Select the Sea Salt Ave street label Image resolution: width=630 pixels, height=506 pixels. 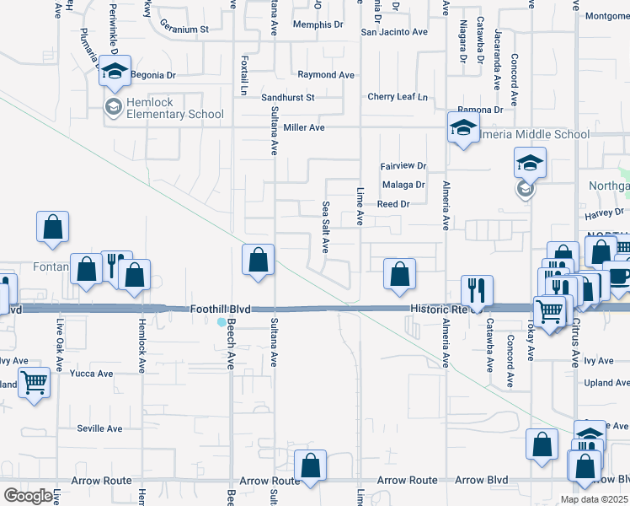pyautogui.click(x=325, y=227)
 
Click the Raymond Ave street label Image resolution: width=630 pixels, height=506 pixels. pyautogui.click(x=326, y=75)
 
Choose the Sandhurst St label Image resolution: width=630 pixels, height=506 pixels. pyautogui.click(x=287, y=98)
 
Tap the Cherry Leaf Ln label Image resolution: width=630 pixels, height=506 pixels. pyautogui.click(x=398, y=97)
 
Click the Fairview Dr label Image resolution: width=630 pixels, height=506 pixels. pyautogui.click(x=403, y=166)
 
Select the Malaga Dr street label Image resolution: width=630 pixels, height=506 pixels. pyautogui.click(x=403, y=185)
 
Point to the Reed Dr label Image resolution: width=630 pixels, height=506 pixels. pyautogui.click(x=392, y=204)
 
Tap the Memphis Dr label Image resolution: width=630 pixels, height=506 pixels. pyautogui.click(x=318, y=24)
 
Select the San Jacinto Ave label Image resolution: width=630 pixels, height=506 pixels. pyautogui.click(x=394, y=32)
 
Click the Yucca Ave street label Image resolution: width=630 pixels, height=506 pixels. pyautogui.click(x=92, y=374)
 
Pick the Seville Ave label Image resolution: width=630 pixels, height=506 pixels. pyautogui.click(x=101, y=428)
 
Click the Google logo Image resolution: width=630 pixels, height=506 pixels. pyautogui.click(x=28, y=495)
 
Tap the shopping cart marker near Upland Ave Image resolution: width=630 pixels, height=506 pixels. pyautogui.click(x=34, y=382)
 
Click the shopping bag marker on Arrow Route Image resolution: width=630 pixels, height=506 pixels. pyautogui.click(x=311, y=465)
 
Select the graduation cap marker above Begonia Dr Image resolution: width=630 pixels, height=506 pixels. pyautogui.click(x=115, y=72)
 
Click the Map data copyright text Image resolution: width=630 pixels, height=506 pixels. pyautogui.click(x=594, y=499)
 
